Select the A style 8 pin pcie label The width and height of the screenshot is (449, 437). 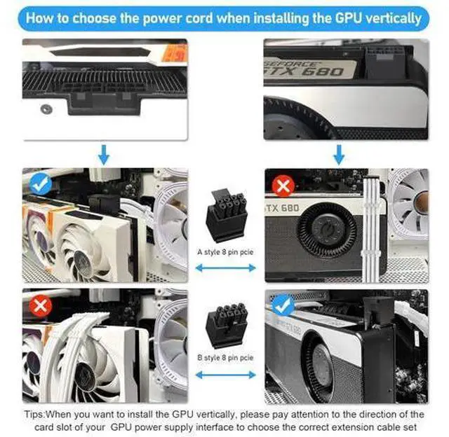tap(225, 252)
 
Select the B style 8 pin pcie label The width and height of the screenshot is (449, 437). tap(225, 358)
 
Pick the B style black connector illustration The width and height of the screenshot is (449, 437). tap(226, 325)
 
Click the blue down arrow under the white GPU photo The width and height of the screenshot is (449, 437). tap(104, 155)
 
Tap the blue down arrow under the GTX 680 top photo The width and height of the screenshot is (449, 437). tap(339, 155)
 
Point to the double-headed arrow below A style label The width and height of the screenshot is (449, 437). tap(226, 268)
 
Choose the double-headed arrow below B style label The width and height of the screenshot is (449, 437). tap(226, 375)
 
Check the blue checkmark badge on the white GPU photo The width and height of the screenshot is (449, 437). tap(41, 183)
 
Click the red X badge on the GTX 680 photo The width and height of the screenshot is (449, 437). tap(283, 186)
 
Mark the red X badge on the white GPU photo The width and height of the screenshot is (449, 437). tap(41, 306)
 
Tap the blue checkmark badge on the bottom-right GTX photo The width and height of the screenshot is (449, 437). tap(283, 305)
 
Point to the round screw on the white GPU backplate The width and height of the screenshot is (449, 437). tap(46, 109)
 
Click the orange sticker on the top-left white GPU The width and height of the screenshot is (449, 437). tap(175, 54)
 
